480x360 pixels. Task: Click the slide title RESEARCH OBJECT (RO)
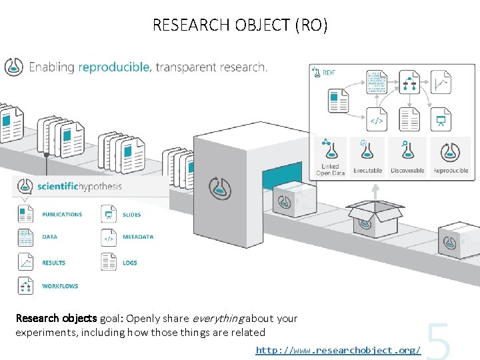click(240, 25)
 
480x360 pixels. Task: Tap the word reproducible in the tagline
click(115, 67)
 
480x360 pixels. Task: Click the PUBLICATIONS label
click(62, 215)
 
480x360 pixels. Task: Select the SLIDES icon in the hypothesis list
click(108, 215)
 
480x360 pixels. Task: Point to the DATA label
click(49, 237)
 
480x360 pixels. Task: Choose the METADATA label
click(138, 237)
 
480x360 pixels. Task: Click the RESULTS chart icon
click(26, 262)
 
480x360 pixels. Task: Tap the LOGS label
click(130, 263)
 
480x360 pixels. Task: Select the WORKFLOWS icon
click(26, 286)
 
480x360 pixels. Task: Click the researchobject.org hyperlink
click(338, 349)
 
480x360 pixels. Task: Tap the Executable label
click(367, 171)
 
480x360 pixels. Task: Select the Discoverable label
click(407, 171)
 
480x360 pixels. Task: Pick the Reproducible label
click(451, 171)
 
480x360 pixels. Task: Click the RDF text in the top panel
click(329, 73)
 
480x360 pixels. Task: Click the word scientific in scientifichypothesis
click(59, 187)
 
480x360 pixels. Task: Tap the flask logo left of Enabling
click(14, 67)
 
